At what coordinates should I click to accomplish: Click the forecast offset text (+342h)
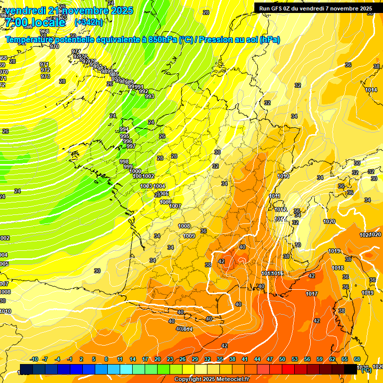pyautogui.click(x=89, y=22)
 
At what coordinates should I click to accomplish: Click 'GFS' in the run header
pyautogui.click(x=278, y=8)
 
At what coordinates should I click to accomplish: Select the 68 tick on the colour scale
pyautogui.click(x=357, y=359)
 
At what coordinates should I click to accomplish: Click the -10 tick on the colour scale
pyautogui.click(x=34, y=359)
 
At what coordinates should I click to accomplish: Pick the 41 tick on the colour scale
pyautogui.click(x=245, y=359)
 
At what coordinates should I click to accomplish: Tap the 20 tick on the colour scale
pyautogui.click(x=158, y=359)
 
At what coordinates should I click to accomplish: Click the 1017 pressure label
pyautogui.click(x=312, y=294)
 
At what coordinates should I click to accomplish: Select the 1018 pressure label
pyautogui.click(x=338, y=268)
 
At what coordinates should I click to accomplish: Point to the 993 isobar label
pyautogui.click(x=150, y=96)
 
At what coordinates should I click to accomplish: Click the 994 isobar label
pyautogui.click(x=124, y=130)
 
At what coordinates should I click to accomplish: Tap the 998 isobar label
pyautogui.click(x=124, y=162)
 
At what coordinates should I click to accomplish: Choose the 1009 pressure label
pyautogui.click(x=189, y=236)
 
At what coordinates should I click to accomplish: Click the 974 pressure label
pyautogui.click(x=76, y=51)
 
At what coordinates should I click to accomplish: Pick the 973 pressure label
pyautogui.click(x=45, y=76)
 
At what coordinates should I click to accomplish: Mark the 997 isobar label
pyautogui.click(x=131, y=146)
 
